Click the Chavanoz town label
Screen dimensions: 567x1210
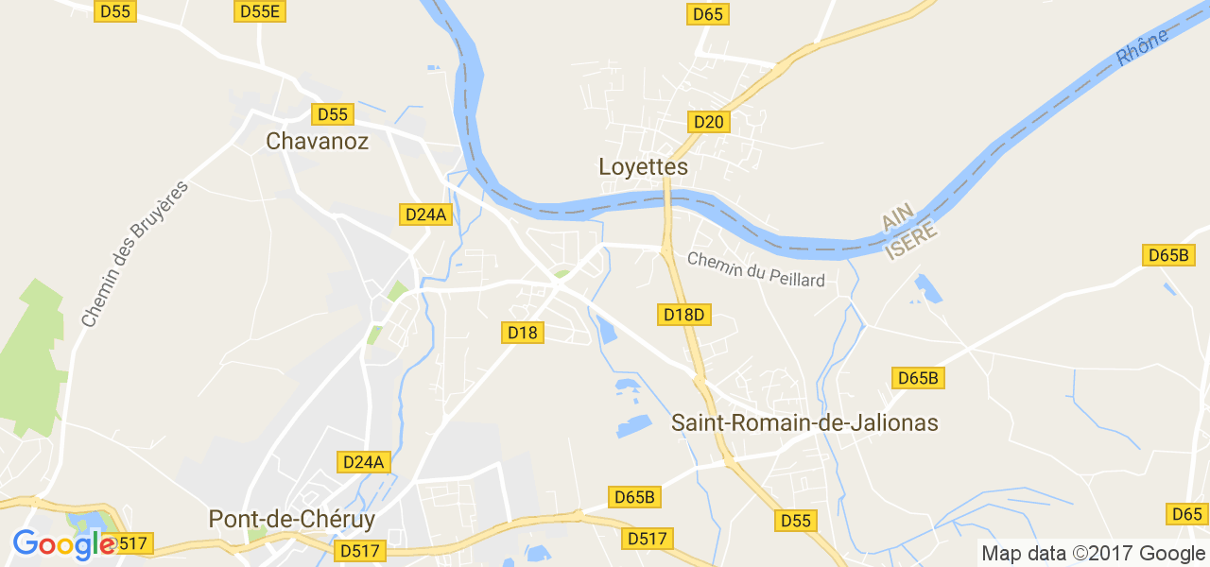click(x=317, y=142)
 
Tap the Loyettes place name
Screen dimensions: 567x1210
click(x=643, y=167)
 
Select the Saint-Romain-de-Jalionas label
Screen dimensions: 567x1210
click(x=804, y=422)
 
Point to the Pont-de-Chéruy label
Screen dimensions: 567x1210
click(x=291, y=520)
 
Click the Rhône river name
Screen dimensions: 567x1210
click(x=1142, y=45)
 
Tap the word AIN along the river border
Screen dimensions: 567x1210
click(x=894, y=217)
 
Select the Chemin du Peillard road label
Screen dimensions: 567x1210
click(x=755, y=269)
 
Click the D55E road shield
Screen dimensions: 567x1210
click(x=261, y=11)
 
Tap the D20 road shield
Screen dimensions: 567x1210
click(x=708, y=122)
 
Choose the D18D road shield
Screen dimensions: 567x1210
click(x=684, y=314)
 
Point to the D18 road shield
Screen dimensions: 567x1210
click(x=522, y=333)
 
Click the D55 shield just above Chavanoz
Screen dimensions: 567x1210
click(x=333, y=114)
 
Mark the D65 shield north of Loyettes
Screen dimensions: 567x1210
click(x=708, y=14)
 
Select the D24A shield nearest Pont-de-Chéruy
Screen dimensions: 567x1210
click(x=364, y=462)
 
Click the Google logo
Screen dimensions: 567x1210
click(x=63, y=544)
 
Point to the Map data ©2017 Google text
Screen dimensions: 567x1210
click(x=1093, y=554)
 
